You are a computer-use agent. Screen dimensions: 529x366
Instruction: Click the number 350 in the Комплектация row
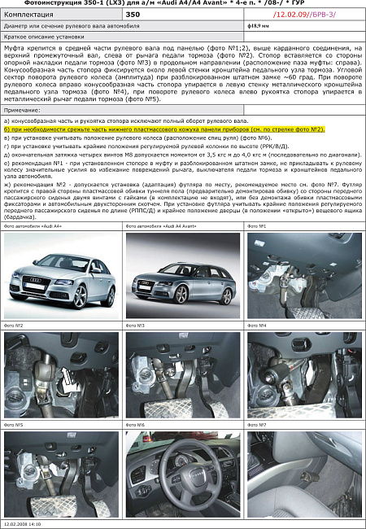pyautogui.click(x=133, y=14)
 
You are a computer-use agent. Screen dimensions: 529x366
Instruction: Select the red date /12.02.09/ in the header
pyautogui.click(x=291, y=14)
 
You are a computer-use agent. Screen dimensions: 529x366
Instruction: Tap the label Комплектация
pyautogui.click(x=27, y=14)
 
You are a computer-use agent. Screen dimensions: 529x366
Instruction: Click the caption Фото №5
pyautogui.click(x=14, y=425)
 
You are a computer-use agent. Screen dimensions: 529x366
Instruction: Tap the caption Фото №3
pyautogui.click(x=136, y=326)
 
